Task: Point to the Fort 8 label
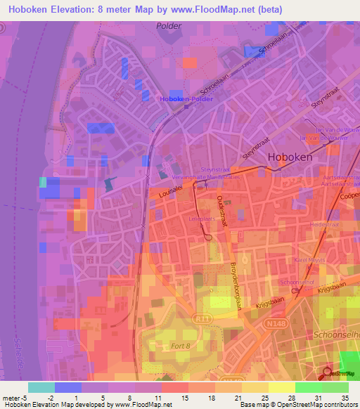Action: pyautogui.click(x=181, y=346)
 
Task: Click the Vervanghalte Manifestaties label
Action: pyautogui.click(x=220, y=177)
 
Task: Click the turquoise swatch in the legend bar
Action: pyautogui.click(x=41, y=387)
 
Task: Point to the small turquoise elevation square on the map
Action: pyautogui.click(x=44, y=182)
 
